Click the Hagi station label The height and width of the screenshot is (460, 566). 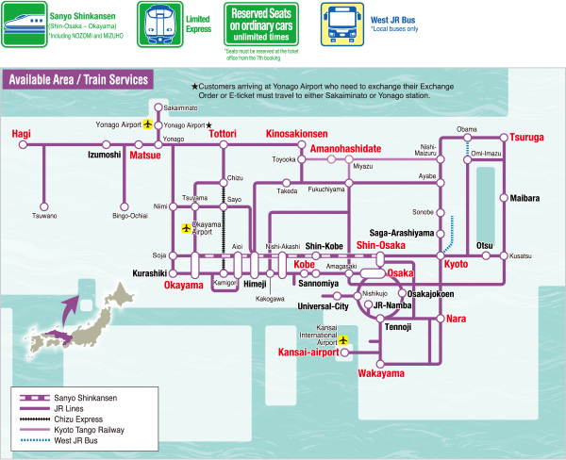tap(21, 135)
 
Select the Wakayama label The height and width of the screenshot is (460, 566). tap(381, 373)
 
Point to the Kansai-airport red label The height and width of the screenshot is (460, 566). tap(308, 353)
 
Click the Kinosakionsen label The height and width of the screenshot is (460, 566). tap(297, 134)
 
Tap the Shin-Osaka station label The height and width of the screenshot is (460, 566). tap(381, 245)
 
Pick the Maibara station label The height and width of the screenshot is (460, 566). tap(524, 199)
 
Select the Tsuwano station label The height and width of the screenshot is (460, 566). tap(44, 216)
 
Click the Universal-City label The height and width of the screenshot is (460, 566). tap(323, 306)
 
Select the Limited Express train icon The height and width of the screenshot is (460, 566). tap(155, 24)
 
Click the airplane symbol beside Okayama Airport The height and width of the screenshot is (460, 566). tap(186, 228)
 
